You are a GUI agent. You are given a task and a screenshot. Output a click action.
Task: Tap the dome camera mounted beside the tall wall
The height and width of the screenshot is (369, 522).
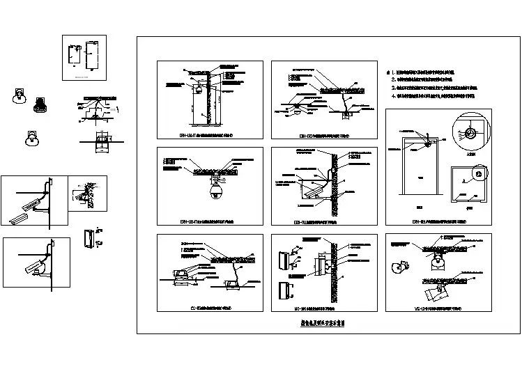click(x=199, y=90)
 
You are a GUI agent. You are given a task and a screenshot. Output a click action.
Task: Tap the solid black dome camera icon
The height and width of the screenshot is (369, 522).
click(x=39, y=105)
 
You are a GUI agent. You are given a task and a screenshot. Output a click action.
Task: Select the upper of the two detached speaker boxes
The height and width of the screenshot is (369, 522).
click(x=284, y=260)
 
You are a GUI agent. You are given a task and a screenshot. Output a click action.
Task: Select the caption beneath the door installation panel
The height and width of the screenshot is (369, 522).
click(x=439, y=223)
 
